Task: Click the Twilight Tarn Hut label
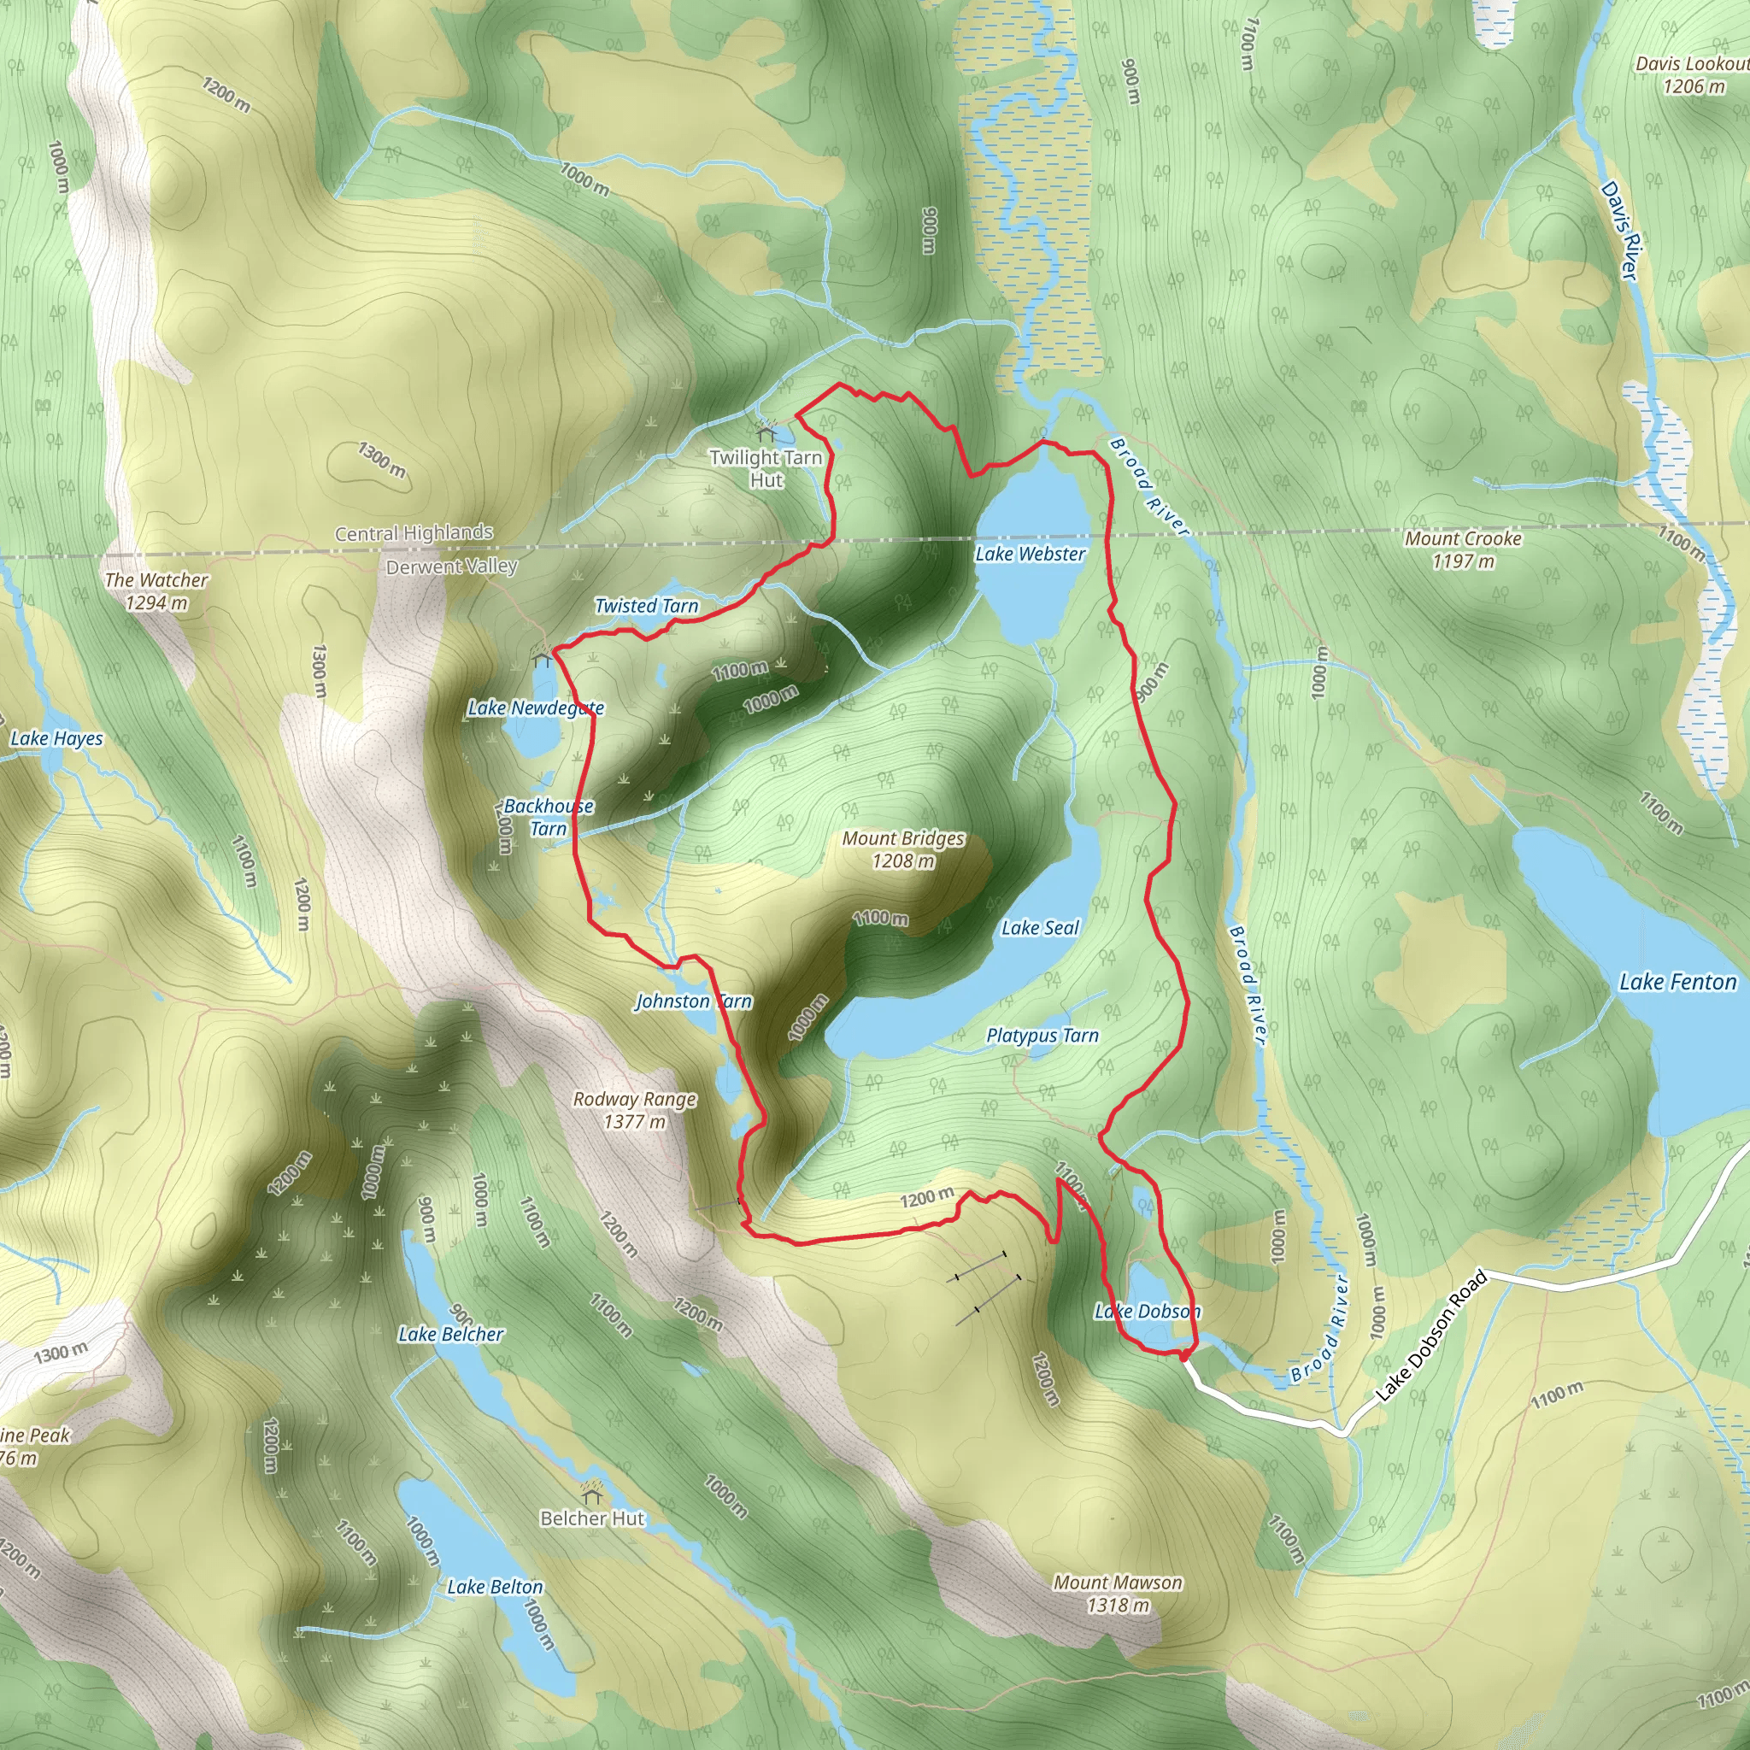(766, 468)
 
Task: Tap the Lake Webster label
(1030, 554)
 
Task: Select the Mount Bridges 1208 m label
(903, 849)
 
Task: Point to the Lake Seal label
(1040, 927)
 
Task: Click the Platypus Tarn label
(1042, 1036)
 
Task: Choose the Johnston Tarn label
(693, 1001)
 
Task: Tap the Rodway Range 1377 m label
(635, 1110)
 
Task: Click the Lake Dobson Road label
(1431, 1336)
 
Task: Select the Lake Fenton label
(1677, 982)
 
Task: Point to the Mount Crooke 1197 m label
(1463, 549)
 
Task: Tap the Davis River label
(1620, 230)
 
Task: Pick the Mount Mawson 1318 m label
(1117, 1594)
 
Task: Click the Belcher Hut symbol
(592, 1490)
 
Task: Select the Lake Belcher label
(451, 1334)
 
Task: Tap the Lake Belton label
(495, 1586)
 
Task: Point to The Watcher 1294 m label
(156, 590)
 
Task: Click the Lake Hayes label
(56, 738)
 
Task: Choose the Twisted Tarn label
(647, 606)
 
